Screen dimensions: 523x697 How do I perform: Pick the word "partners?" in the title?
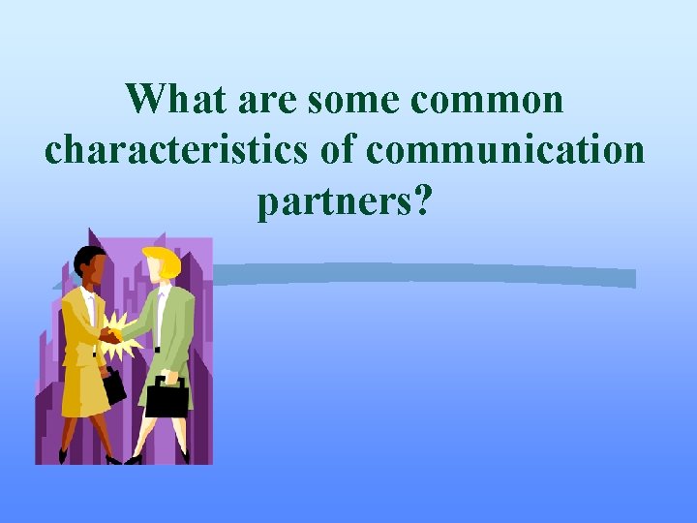tap(344, 202)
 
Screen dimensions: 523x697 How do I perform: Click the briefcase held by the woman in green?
tap(166, 396)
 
